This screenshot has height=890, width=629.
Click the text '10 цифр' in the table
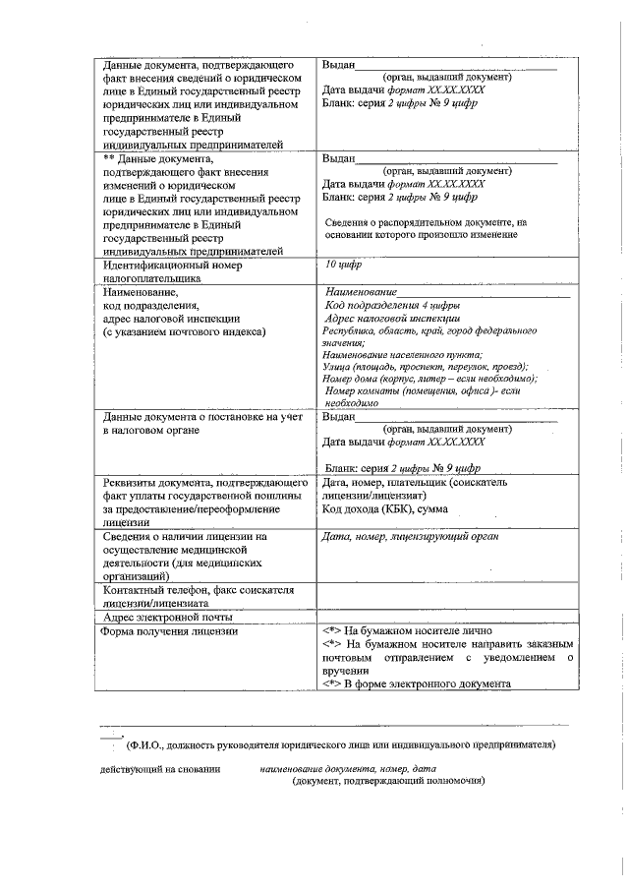[x=345, y=265]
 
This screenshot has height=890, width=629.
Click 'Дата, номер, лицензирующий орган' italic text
[x=411, y=537]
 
